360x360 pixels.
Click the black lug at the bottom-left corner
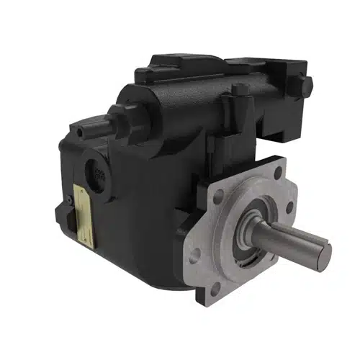click(x=63, y=215)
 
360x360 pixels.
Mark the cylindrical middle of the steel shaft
click(x=288, y=242)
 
